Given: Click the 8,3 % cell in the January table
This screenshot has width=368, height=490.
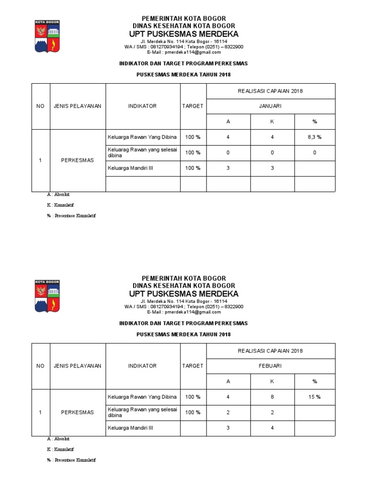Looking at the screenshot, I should tap(315, 137).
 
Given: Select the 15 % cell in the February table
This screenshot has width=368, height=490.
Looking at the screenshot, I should tap(315, 397).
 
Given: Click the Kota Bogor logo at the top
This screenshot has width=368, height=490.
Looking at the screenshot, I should tap(46, 35).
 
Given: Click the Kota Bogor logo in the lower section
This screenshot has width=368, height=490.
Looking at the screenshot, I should tap(46, 295).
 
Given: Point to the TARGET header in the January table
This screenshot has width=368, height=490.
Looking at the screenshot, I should tap(193, 106).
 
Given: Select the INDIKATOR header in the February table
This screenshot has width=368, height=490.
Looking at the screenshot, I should tap(142, 366).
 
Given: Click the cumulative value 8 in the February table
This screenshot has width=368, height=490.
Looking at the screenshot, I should tap(272, 397).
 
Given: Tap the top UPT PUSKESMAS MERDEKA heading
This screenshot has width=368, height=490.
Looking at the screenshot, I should tap(184, 34).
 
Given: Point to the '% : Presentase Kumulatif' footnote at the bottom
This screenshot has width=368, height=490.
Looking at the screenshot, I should tap(71, 460).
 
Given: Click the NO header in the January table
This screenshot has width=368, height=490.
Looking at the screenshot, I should tap(40, 106).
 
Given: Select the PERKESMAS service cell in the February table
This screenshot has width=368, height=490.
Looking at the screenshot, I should tap(77, 412).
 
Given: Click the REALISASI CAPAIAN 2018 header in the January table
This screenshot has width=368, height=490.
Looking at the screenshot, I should tap(271, 91).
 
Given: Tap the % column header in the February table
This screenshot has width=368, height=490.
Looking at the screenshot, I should tap(315, 381).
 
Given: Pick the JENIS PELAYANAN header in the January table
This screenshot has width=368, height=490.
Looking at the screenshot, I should tap(77, 106).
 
